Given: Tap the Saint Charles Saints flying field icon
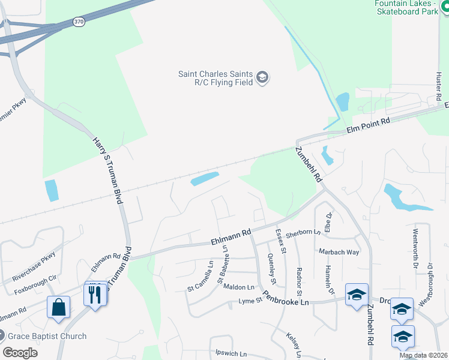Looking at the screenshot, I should point(262,77).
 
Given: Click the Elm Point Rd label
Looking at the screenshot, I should point(369,125).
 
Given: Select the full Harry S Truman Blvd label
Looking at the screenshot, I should point(107,170).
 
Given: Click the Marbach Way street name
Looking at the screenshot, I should point(339,252).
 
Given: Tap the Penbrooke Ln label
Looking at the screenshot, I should point(286,298).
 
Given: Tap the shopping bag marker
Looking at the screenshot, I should point(59,307).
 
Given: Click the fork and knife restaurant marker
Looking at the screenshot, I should point(94,294).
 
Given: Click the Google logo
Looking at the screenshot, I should point(20,352).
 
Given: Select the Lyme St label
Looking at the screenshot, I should point(251,300).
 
